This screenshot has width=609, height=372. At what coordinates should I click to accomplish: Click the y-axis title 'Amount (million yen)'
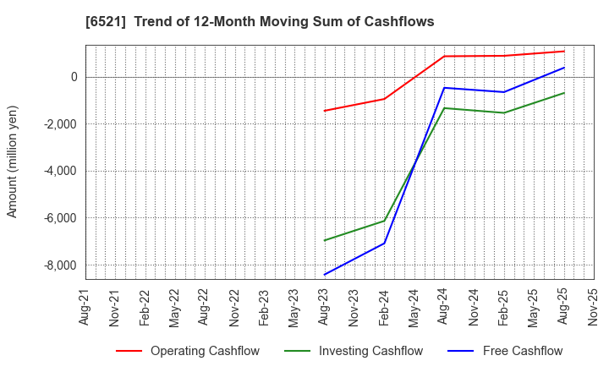coord(13,161)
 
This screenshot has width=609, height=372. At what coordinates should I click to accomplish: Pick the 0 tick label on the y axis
coord(74,77)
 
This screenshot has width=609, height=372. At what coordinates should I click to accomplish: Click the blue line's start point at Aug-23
coord(324,275)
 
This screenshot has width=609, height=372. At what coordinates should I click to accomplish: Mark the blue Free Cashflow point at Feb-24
coord(384,243)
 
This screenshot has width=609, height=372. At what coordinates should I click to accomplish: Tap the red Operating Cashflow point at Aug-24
coord(444,57)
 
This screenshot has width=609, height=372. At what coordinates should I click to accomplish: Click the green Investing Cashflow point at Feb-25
coord(504,112)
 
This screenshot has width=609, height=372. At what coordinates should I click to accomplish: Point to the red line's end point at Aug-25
coord(564,51)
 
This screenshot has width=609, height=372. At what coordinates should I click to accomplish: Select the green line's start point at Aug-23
coord(324,240)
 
